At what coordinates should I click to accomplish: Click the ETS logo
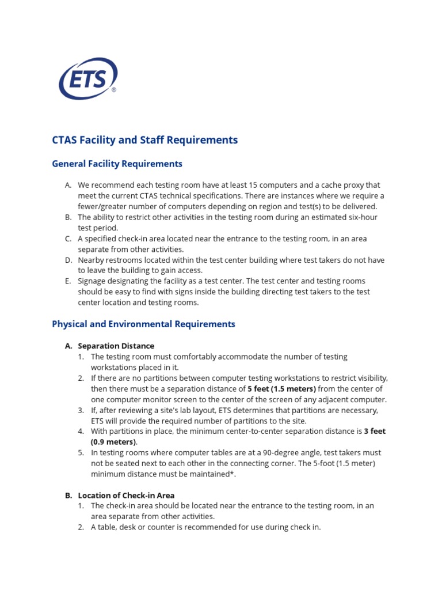coord(87,79)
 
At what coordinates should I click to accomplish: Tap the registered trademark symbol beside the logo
coord(114,90)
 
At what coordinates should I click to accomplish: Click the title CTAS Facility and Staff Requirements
coord(144,140)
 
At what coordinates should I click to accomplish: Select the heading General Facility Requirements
coord(117,164)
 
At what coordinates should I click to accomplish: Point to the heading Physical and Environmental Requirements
coord(143,324)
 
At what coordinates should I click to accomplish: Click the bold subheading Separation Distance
coord(116,346)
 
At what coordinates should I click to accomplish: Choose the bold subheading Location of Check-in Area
coord(126,495)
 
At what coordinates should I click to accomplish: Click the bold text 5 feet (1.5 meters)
coord(281,389)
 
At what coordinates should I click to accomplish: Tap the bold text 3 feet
coord(375,432)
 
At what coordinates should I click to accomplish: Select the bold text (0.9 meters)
coord(114,442)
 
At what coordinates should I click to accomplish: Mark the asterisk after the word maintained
coord(233,475)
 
